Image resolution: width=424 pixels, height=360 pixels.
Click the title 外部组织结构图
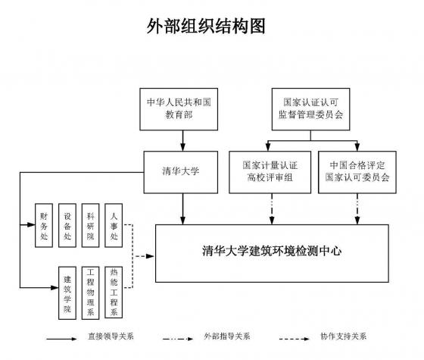(x=206, y=27)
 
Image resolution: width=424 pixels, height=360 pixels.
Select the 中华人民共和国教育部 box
(x=179, y=109)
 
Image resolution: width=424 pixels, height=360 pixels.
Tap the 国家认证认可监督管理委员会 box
(x=310, y=109)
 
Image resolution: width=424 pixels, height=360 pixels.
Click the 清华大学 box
(x=181, y=172)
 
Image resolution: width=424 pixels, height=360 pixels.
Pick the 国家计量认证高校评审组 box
(x=270, y=172)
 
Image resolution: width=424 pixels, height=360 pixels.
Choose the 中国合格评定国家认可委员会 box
(x=357, y=172)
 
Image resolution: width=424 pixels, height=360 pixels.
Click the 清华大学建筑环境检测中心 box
(x=272, y=253)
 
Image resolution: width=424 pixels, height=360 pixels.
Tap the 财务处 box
(x=44, y=226)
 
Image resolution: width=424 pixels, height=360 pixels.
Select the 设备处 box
(x=67, y=226)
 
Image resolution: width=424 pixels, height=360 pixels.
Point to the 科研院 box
(x=91, y=226)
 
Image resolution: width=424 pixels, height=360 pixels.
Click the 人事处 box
(x=114, y=226)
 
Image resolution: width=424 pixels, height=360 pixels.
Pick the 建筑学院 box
(x=67, y=293)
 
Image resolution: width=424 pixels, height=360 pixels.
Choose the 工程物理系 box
(x=91, y=292)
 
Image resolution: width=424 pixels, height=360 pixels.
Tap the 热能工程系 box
(x=114, y=292)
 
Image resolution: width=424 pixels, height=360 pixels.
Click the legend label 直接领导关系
(x=111, y=337)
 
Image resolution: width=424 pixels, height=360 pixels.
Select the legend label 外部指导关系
(x=227, y=337)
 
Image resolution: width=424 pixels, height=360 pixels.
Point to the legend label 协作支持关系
(x=344, y=337)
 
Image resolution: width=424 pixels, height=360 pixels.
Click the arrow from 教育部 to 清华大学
(x=183, y=141)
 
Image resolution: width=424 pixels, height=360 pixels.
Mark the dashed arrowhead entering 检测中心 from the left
(x=150, y=256)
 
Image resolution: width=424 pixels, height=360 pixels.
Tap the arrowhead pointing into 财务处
(x=31, y=224)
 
